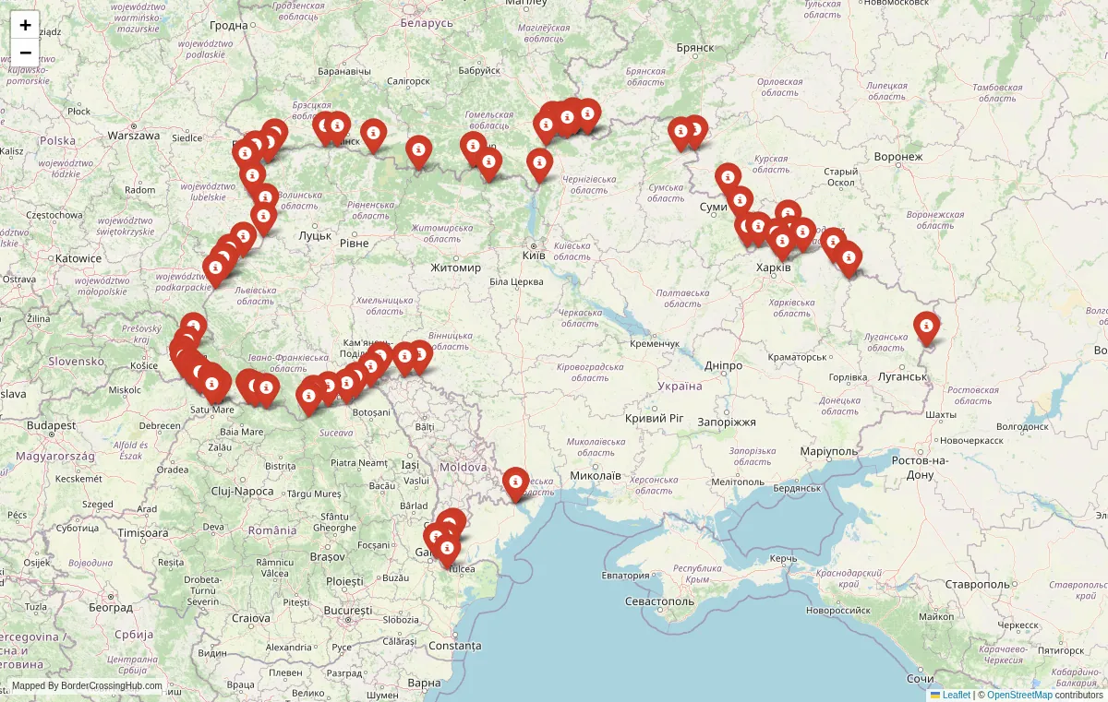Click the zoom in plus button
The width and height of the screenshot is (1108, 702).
tap(25, 25)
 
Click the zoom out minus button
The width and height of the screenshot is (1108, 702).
tap(25, 52)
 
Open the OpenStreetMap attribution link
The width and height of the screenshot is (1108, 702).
tap(1019, 695)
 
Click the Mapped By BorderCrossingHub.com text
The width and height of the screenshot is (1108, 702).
tap(87, 685)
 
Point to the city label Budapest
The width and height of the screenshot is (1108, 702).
tap(51, 425)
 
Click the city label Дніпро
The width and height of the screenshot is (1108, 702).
tap(723, 365)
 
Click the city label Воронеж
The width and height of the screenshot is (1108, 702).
tap(897, 156)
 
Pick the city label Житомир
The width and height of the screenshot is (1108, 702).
tap(455, 268)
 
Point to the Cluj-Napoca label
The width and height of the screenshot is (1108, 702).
tap(242, 491)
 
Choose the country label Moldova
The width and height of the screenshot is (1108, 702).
tap(463, 467)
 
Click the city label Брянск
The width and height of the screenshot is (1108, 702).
tap(695, 47)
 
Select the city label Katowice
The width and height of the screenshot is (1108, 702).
tap(78, 258)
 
